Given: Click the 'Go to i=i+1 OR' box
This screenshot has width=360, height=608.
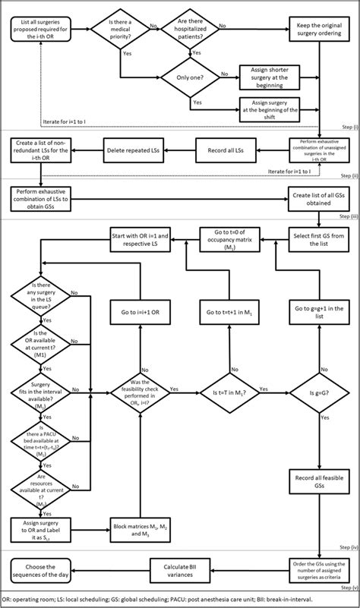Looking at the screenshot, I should pos(138,312).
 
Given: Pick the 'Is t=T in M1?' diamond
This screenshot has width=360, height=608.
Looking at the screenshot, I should pos(229,391).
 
